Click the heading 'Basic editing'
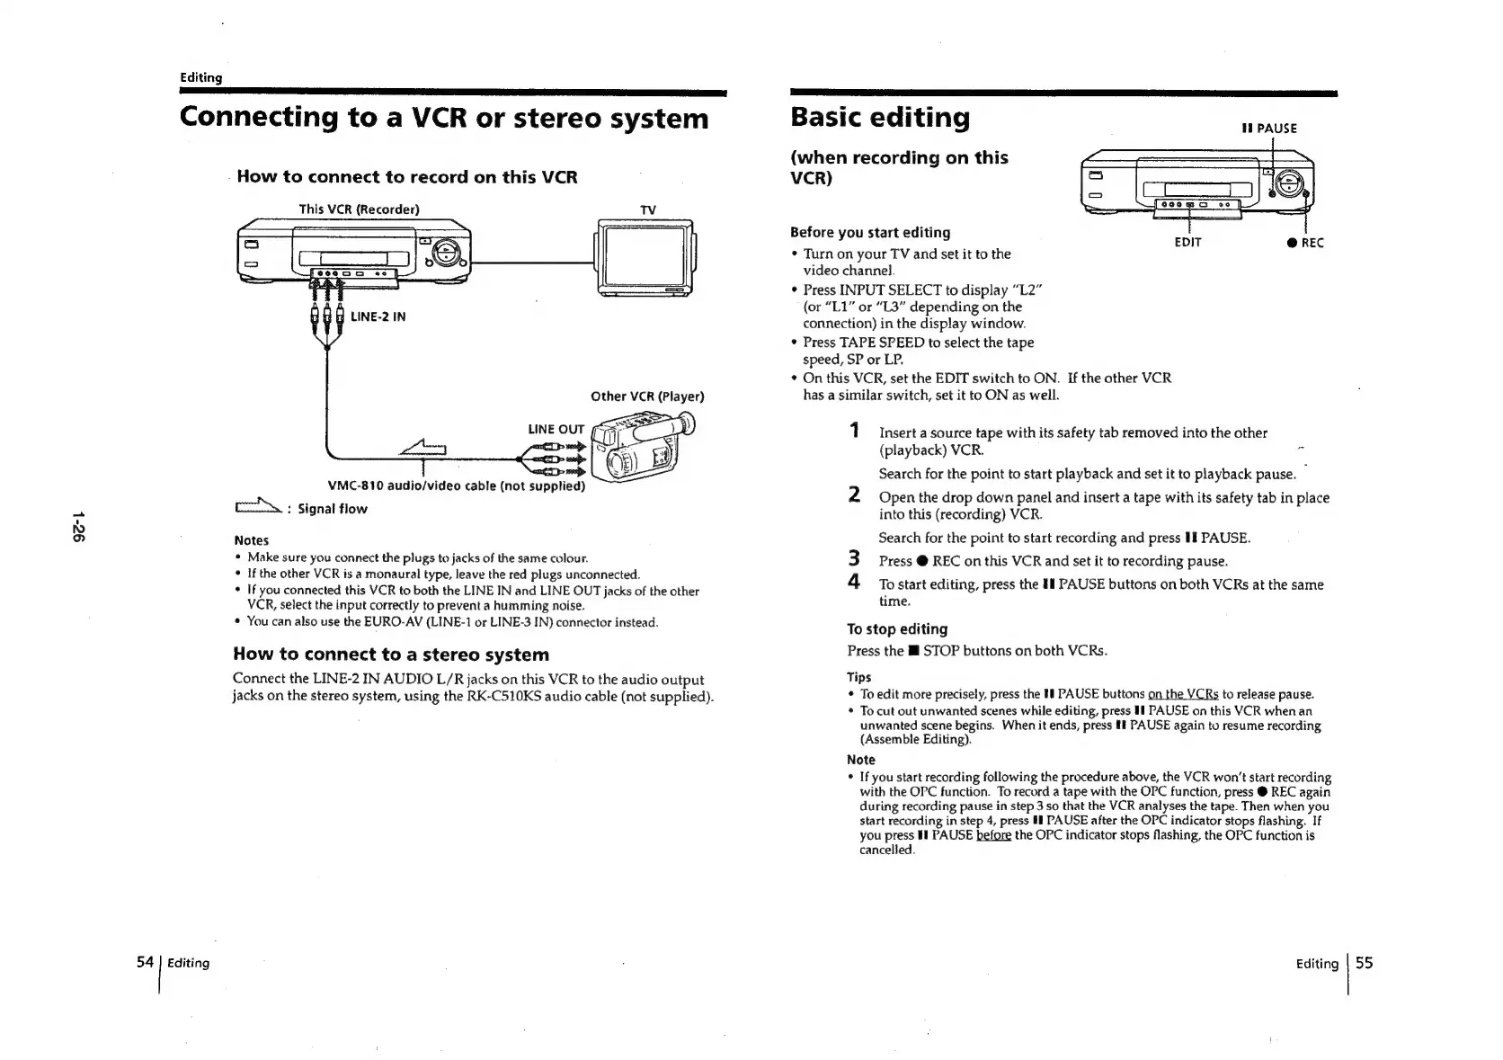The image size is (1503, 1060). [x=880, y=118]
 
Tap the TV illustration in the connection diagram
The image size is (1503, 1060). [x=645, y=257]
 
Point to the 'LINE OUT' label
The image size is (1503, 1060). [x=556, y=430]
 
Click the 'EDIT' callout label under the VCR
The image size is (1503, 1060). [x=1187, y=243]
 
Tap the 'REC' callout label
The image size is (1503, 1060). [x=1305, y=243]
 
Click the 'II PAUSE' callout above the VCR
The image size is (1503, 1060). [x=1269, y=129]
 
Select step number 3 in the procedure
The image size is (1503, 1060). [x=855, y=559]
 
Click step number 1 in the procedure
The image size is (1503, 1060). [x=855, y=431]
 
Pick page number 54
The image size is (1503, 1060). [x=145, y=962]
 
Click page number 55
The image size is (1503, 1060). [x=1364, y=963]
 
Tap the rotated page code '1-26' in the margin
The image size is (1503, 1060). [x=79, y=527]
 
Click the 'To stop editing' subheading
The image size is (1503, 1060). [x=897, y=629]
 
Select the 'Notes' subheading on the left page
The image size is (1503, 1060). [x=251, y=540]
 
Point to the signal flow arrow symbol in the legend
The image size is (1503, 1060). [x=257, y=508]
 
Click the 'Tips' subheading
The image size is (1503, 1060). [x=858, y=677]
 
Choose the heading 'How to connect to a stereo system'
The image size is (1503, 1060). [x=391, y=655]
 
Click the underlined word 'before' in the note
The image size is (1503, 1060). [x=993, y=836]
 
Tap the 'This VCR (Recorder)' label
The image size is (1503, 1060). [x=359, y=209]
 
